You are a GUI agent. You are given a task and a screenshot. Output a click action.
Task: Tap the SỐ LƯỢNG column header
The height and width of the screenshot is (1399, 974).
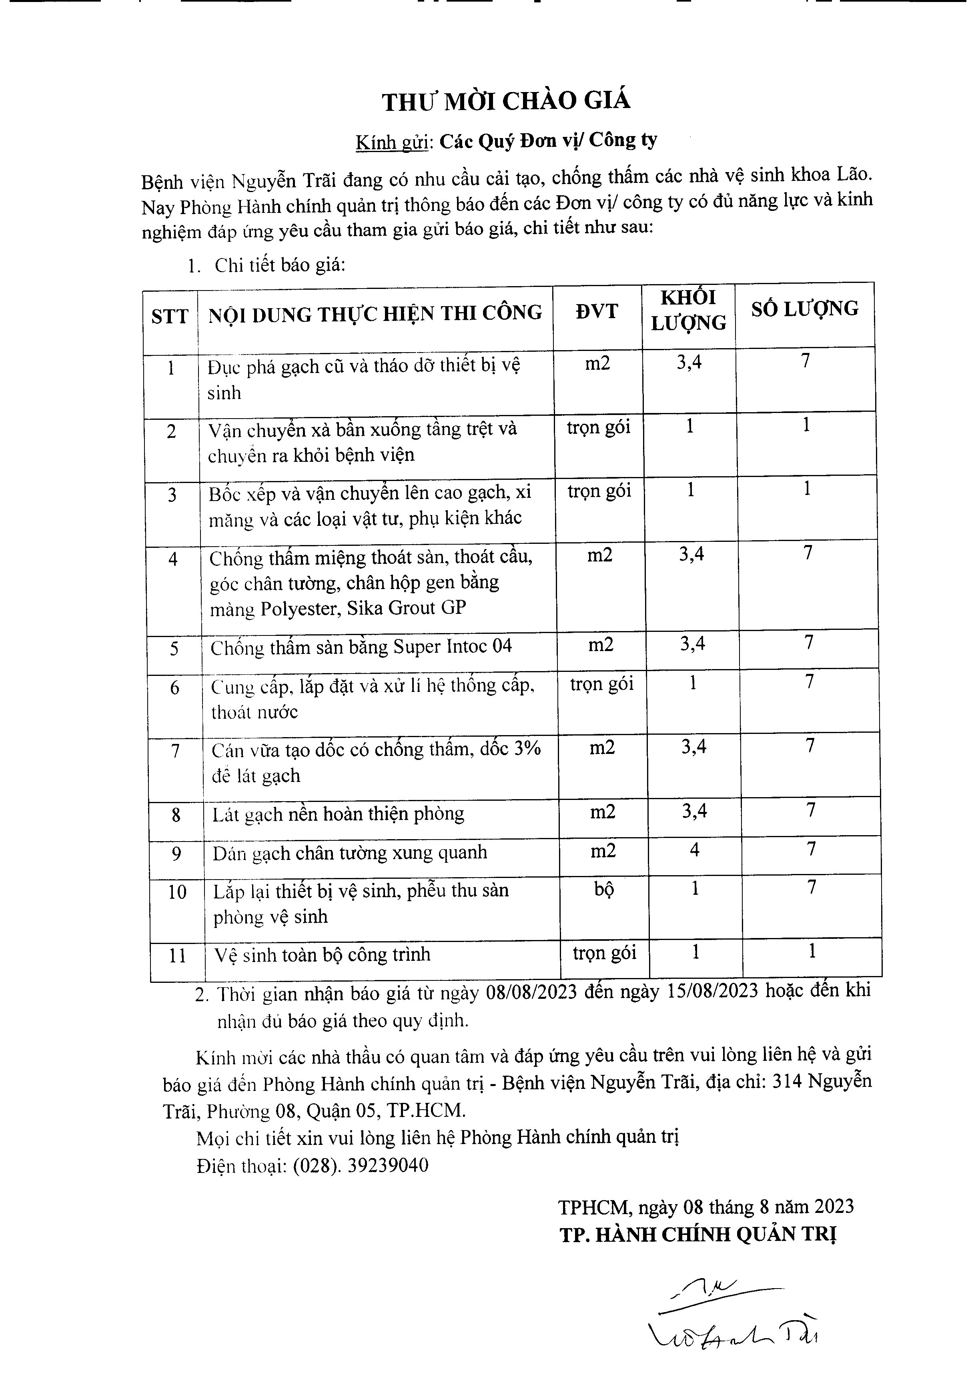coord(804,309)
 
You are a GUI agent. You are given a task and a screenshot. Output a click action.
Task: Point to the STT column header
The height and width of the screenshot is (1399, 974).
coord(169,316)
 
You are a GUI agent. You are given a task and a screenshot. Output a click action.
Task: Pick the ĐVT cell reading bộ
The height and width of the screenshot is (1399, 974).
coord(604,889)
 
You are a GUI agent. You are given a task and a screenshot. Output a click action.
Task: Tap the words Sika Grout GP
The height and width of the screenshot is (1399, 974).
coord(406,608)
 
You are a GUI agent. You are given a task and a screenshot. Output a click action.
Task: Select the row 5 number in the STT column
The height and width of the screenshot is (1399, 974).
coord(174,648)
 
